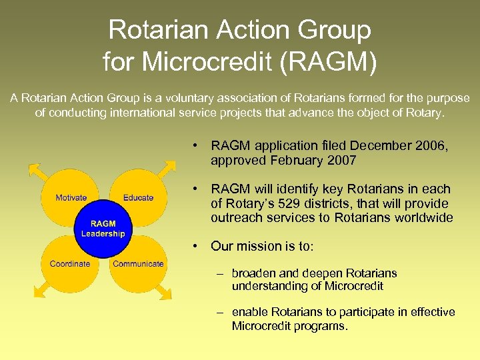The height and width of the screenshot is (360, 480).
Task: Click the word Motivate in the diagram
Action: (x=71, y=197)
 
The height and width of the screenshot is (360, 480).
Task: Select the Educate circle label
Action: (x=138, y=197)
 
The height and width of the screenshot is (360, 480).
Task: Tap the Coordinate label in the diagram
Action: (x=70, y=263)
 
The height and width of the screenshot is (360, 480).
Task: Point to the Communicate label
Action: (x=138, y=263)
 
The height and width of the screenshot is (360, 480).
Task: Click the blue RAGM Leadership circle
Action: (x=103, y=229)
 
